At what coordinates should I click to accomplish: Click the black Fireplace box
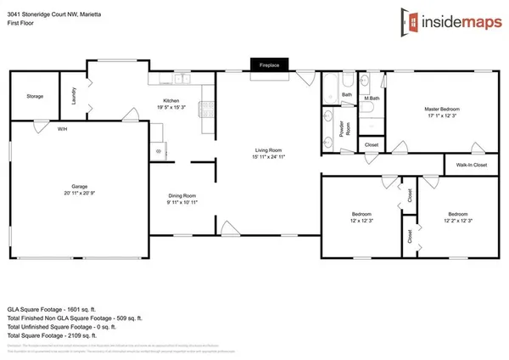click(x=270, y=64)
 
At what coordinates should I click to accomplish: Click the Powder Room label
click(x=345, y=129)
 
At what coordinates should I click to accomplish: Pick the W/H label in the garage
click(x=63, y=129)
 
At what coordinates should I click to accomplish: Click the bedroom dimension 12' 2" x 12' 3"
click(x=458, y=221)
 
